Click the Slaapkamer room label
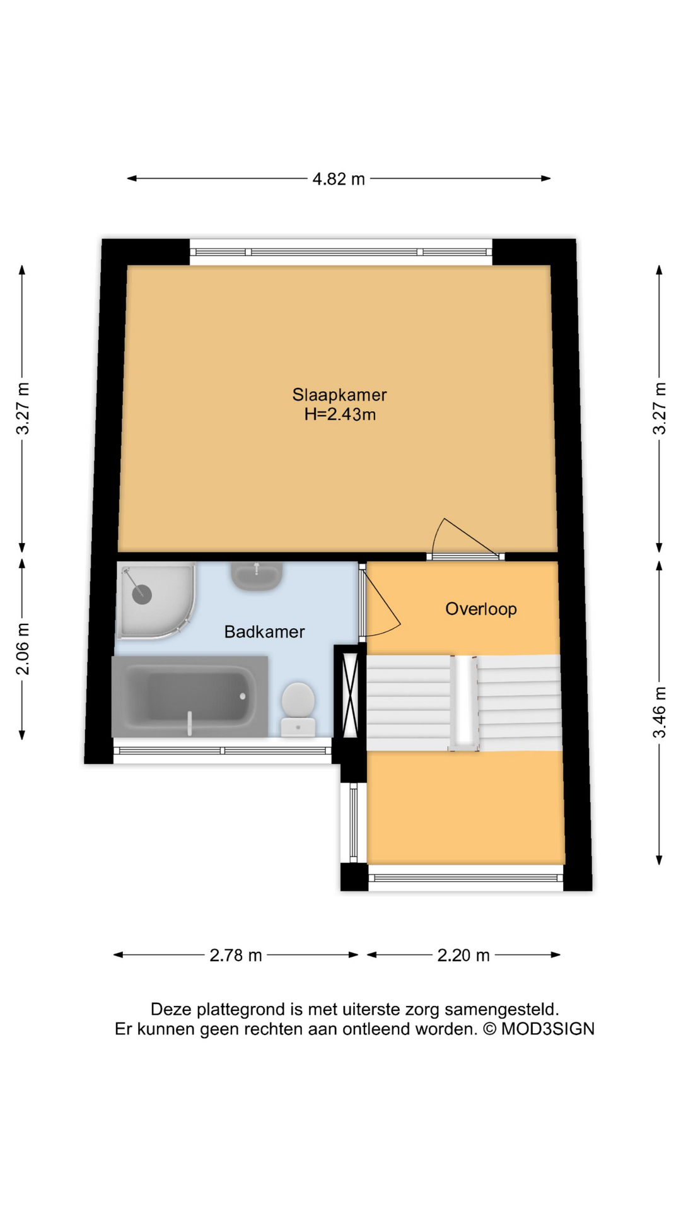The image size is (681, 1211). click(339, 395)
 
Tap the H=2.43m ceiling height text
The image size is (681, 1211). click(340, 414)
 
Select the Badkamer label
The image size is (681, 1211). click(264, 631)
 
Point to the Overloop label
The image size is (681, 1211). click(481, 609)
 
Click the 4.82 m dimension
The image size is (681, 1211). click(339, 179)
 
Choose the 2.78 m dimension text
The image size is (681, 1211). click(236, 955)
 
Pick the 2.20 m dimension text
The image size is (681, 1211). click(463, 955)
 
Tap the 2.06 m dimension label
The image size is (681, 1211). click(23, 648)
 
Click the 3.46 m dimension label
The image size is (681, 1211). click(660, 712)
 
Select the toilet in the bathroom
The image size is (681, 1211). click(298, 709)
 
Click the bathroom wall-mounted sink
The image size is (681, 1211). click(256, 575)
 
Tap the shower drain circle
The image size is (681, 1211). click(142, 594)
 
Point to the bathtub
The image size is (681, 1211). click(190, 696)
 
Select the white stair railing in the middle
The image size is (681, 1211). click(463, 702)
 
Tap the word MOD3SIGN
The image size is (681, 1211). click(548, 1029)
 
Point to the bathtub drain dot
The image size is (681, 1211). click(243, 696)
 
